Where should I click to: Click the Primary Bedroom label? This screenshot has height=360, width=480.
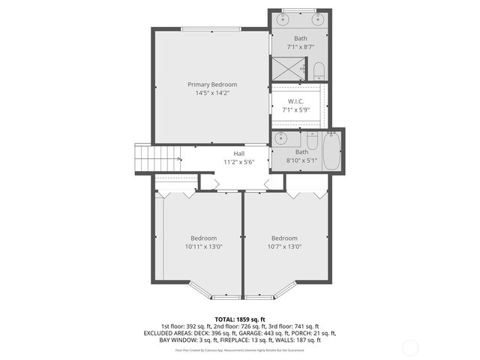(212, 85)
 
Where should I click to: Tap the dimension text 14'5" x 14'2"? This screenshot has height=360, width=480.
(212, 94)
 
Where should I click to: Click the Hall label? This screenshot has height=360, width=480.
(238, 153)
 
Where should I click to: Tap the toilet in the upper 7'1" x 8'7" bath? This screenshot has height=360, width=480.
(318, 72)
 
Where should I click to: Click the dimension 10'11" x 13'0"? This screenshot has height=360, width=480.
(203, 247)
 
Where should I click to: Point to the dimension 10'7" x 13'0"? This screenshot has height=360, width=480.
(284, 247)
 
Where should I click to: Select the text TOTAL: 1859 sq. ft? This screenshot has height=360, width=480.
(239, 319)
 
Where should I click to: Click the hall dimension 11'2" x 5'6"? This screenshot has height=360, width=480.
(238, 162)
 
